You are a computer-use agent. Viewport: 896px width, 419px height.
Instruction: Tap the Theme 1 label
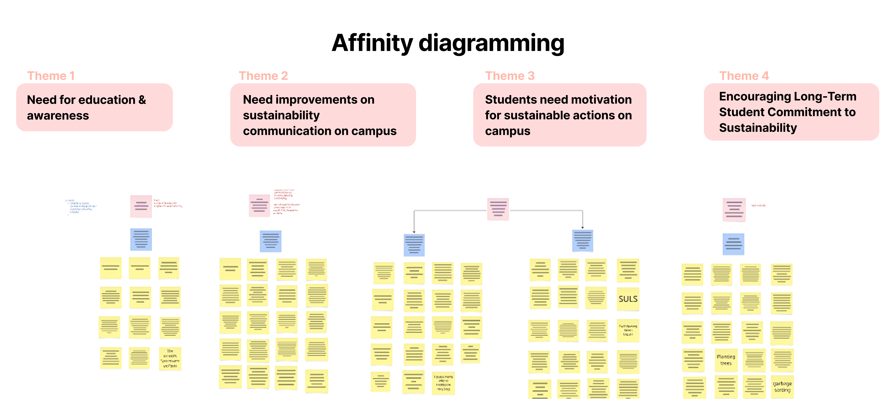tap(51, 76)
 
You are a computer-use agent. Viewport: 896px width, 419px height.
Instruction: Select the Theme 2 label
tap(263, 76)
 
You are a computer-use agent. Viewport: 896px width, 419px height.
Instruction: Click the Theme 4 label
tap(744, 76)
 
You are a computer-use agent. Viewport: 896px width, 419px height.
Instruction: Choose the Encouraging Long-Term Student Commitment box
tap(791, 112)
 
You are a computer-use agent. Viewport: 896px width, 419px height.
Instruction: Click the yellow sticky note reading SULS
tap(628, 299)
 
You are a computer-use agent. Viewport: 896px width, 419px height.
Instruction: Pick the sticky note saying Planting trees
tap(726, 360)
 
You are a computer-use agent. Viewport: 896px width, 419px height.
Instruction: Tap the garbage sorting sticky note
tap(782, 387)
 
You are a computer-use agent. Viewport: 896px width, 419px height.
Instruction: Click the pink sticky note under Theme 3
tap(498, 209)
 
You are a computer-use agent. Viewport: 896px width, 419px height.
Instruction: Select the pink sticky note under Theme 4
tap(734, 210)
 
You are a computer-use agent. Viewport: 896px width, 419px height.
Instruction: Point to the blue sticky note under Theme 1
tap(141, 239)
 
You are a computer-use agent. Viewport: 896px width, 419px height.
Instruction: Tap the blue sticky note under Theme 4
tap(733, 244)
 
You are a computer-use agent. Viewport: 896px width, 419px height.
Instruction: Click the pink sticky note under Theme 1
tap(141, 206)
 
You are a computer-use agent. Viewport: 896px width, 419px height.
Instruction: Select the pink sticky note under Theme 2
tap(259, 206)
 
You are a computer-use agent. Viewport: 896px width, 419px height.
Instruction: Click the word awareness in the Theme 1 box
tap(58, 115)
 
